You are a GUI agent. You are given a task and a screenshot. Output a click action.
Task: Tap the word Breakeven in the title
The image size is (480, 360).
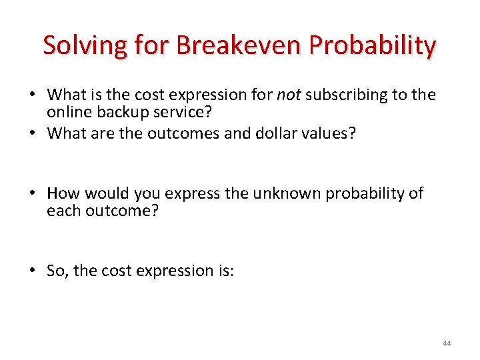click(229, 45)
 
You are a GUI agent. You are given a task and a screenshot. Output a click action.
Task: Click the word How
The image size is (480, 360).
click(63, 193)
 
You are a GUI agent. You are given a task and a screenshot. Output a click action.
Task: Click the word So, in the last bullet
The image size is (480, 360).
click(58, 270)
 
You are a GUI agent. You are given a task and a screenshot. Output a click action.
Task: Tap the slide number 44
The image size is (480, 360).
click(446, 343)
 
